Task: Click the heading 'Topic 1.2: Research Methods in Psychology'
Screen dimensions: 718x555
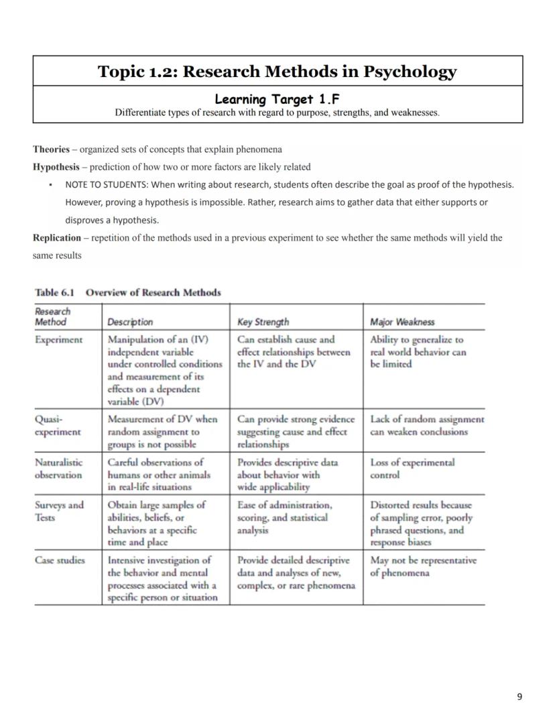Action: tap(277, 72)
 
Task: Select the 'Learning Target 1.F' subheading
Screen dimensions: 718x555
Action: tap(277, 99)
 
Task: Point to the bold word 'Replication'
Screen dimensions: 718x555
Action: tap(57, 237)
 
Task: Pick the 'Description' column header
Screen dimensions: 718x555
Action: tap(130, 322)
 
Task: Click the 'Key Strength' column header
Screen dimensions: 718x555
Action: tap(263, 322)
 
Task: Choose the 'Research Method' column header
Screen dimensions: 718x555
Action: tap(52, 316)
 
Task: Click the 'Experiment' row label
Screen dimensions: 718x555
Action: tap(59, 340)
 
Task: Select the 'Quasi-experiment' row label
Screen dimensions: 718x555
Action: tap(58, 426)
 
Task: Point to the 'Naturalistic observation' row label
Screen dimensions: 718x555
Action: tap(59, 469)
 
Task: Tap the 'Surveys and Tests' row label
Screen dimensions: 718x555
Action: tap(59, 512)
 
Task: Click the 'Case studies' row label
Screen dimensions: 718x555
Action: tap(60, 560)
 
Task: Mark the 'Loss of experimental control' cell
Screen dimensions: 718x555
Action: tap(412, 469)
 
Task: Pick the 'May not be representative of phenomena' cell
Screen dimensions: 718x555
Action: tap(423, 566)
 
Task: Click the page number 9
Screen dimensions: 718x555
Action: tap(519, 697)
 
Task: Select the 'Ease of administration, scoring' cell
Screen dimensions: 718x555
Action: tap(284, 518)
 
